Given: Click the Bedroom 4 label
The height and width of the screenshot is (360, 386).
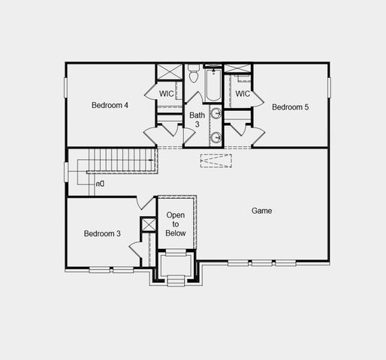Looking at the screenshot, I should pyautogui.click(x=110, y=105).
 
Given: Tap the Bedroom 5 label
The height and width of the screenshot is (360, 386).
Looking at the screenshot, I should pyautogui.click(x=290, y=107).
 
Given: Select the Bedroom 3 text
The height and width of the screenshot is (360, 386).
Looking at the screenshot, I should pyautogui.click(x=102, y=234).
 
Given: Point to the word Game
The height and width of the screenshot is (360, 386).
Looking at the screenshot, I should pyautogui.click(x=261, y=211).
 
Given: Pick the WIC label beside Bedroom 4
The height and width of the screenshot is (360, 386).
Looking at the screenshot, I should pyautogui.click(x=167, y=94).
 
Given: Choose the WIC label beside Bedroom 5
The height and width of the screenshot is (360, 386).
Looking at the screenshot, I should pyautogui.click(x=242, y=94).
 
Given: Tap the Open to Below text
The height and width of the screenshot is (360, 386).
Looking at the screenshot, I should pyautogui.click(x=176, y=224).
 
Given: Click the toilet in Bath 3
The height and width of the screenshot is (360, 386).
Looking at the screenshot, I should pyautogui.click(x=193, y=75).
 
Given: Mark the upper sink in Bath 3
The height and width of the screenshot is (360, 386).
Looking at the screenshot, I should pyautogui.click(x=216, y=115).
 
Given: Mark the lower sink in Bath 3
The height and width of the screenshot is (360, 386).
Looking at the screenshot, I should pyautogui.click(x=216, y=136).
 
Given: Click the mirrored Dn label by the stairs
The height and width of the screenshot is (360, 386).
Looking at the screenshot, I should pyautogui.click(x=100, y=183).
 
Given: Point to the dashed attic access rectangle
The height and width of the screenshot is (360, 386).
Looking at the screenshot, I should pyautogui.click(x=216, y=161).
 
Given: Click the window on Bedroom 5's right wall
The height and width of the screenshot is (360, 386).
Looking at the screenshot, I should pyautogui.click(x=329, y=85).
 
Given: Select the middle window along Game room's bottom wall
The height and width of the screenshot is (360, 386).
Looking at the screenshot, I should pyautogui.click(x=262, y=262).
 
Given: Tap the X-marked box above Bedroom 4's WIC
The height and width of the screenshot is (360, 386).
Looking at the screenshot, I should pyautogui.click(x=165, y=73).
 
